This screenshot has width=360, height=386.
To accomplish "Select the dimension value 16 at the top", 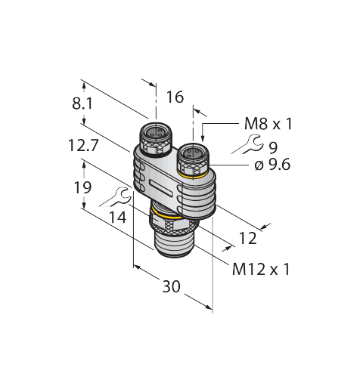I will (175, 97).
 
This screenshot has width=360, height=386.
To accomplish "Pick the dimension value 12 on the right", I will (247, 238).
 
